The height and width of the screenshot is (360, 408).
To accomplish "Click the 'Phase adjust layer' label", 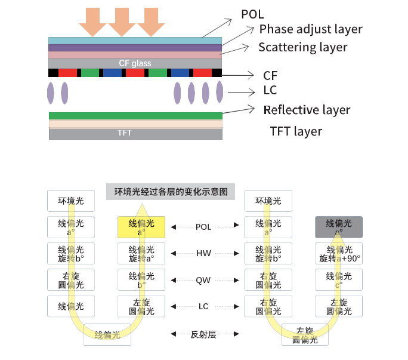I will click(310, 29).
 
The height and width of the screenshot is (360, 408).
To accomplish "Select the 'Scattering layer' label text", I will click(302, 47).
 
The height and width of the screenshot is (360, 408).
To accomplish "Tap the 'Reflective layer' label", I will click(307, 110).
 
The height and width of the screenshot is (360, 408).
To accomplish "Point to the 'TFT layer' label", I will click(296, 131).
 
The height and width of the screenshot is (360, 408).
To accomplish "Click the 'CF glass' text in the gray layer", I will click(135, 63).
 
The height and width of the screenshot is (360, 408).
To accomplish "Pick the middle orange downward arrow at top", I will click(122, 21).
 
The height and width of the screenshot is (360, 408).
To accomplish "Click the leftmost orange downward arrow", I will click(92, 21).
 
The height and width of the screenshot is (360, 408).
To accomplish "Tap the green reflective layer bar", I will click(135, 116).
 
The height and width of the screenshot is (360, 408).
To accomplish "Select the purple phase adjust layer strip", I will click(135, 47).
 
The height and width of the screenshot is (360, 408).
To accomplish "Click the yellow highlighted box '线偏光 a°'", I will click(141, 227).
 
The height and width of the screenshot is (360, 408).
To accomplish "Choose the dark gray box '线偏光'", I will click(339, 227).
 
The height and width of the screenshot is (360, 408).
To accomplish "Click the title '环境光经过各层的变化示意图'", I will click(171, 192).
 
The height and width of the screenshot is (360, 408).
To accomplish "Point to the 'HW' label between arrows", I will click(203, 253).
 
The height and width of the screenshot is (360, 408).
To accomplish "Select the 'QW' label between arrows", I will click(203, 279).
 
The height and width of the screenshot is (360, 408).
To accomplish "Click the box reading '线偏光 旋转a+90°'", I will click(339, 254).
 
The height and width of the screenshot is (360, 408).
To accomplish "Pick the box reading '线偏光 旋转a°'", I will click(141, 254).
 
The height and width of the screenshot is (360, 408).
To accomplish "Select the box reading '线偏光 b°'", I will click(141, 280).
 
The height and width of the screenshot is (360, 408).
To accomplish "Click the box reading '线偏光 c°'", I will click(339, 280).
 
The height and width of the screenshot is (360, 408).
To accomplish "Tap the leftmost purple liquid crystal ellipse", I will click(51, 93).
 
